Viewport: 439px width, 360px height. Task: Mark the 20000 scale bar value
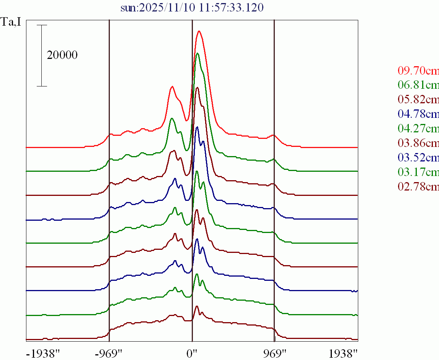62,55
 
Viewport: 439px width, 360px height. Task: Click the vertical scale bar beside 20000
42,55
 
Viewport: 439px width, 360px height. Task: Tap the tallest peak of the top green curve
197,53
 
